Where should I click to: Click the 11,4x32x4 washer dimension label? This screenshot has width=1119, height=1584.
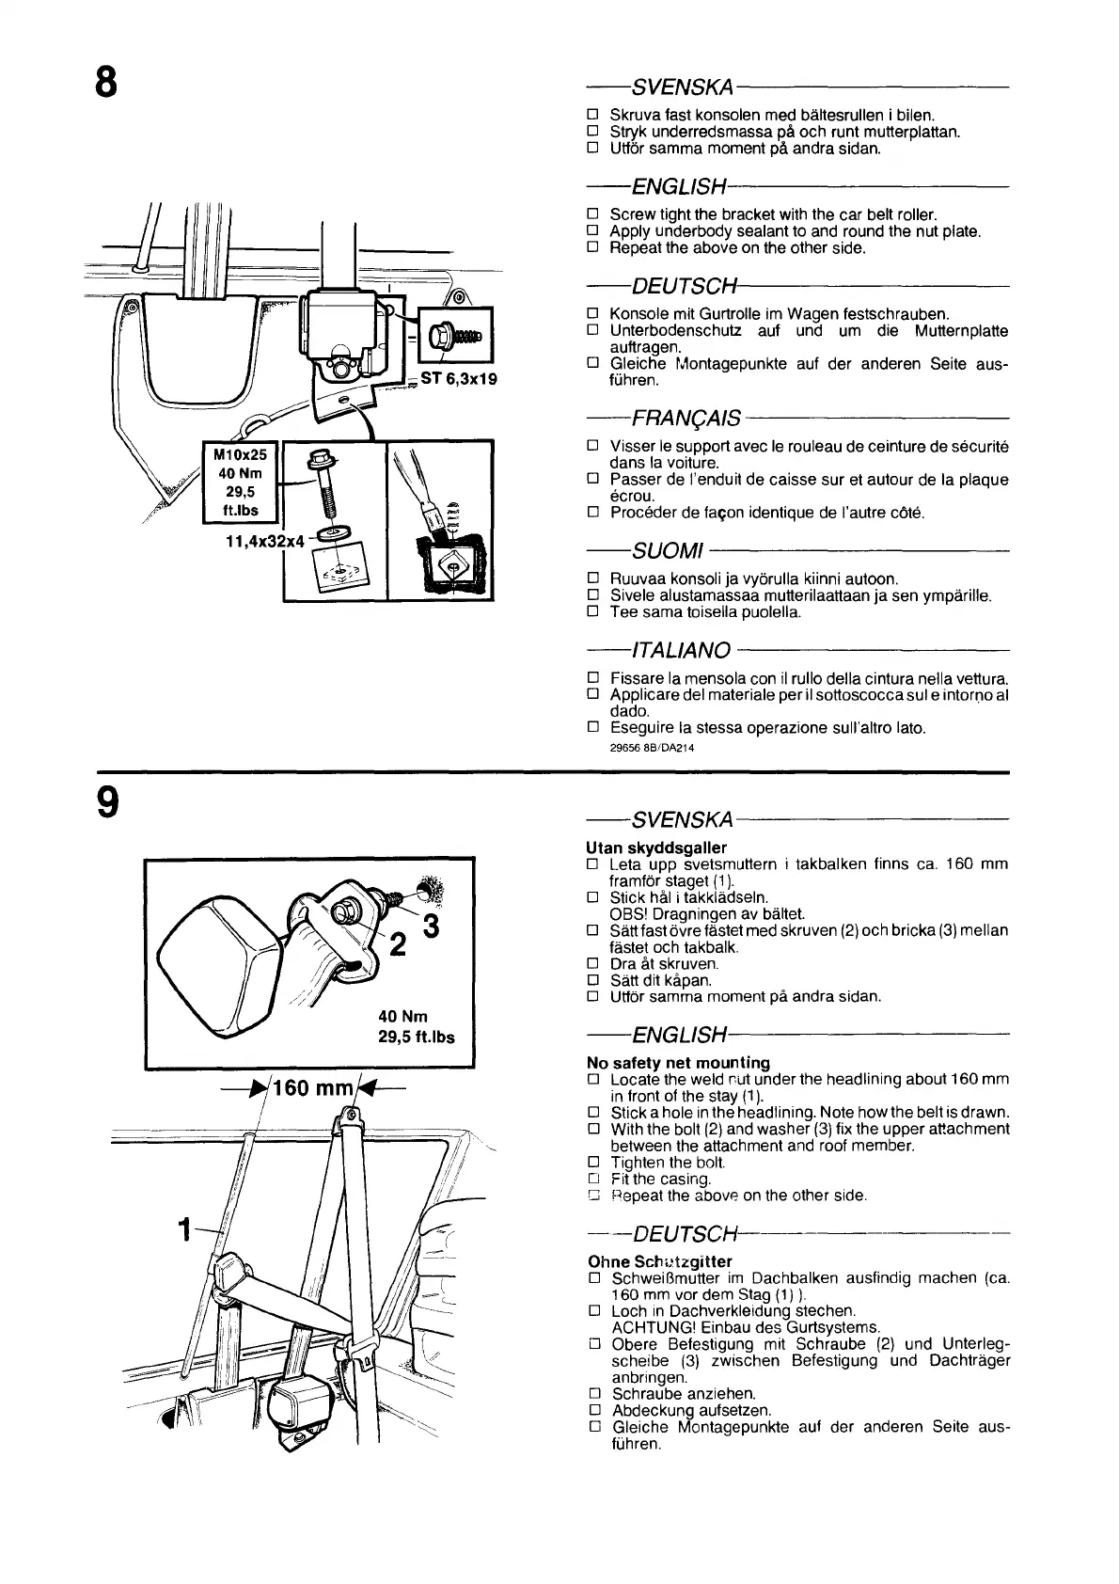(264, 542)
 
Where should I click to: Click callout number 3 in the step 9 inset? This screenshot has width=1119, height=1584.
(430, 926)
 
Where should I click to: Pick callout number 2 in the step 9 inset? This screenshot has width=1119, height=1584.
(398, 943)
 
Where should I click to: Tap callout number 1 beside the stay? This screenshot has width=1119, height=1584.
(186, 1228)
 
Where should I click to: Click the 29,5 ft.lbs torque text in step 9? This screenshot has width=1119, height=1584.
(416, 1037)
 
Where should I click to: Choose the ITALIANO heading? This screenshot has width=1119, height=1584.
(682, 650)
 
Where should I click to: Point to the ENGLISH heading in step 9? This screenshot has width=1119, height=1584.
(679, 1036)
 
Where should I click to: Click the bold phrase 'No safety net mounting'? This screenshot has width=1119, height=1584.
(678, 1062)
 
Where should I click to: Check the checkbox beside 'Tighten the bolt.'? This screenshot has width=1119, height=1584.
(593, 1162)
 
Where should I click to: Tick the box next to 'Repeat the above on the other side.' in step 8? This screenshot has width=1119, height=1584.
(592, 247)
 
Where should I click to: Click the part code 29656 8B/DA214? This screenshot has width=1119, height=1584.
(652, 748)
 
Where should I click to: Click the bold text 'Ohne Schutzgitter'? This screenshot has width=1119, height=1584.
(659, 1261)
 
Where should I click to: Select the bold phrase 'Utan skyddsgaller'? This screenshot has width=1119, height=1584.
(656, 847)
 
